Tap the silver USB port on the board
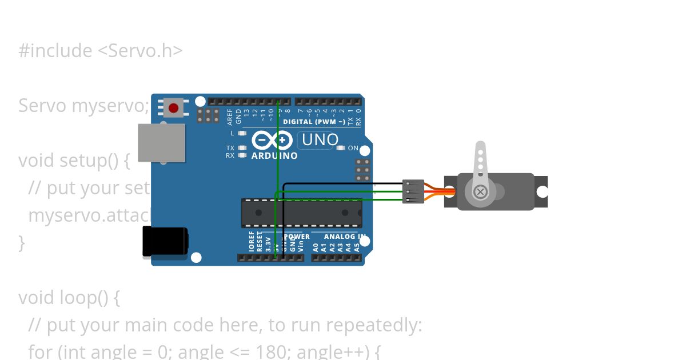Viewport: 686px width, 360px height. [161, 143]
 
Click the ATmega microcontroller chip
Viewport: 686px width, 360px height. [301, 213]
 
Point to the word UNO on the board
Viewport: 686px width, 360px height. [320, 139]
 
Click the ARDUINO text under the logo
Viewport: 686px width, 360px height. [274, 155]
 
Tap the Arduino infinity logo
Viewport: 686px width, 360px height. [272, 140]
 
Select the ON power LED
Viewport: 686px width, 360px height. [341, 148]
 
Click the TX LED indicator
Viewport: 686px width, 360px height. [242, 148]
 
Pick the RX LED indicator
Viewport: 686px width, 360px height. [242, 155]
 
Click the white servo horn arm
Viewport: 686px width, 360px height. [481, 163]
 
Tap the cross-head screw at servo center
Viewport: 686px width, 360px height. [481, 191]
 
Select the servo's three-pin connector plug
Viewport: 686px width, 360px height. [413, 191]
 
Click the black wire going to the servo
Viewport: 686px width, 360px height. [343, 184]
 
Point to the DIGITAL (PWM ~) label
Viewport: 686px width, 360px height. [314, 122]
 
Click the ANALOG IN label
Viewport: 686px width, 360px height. [344, 237]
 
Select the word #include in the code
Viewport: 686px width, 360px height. [55, 51]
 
